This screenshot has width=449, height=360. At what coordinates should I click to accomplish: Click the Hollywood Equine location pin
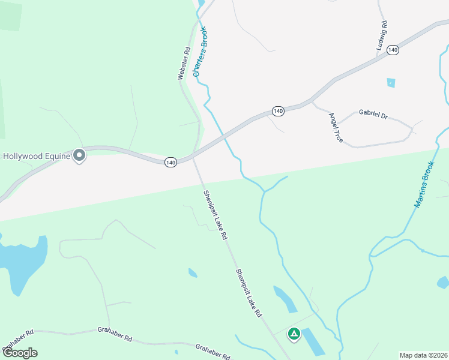click(x=79, y=156)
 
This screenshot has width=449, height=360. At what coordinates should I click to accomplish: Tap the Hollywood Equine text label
click(x=36, y=156)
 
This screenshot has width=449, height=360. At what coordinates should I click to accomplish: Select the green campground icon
click(x=294, y=334)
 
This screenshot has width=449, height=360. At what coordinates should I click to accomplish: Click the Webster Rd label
click(x=184, y=64)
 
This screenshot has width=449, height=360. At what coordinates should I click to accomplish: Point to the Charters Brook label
click(x=200, y=52)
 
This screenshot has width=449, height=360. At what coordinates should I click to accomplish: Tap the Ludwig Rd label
click(x=382, y=36)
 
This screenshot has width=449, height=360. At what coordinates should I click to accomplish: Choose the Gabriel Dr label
click(x=373, y=113)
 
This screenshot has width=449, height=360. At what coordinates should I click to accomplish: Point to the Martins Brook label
click(x=424, y=184)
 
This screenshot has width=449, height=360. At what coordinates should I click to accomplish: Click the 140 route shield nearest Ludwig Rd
click(x=393, y=50)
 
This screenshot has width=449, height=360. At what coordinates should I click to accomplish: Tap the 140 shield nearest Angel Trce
click(x=277, y=111)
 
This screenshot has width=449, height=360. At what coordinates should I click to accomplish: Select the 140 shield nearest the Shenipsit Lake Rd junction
click(x=171, y=163)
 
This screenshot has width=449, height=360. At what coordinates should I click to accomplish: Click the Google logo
click(x=20, y=352)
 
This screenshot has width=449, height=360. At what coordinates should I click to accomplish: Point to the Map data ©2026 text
click(x=423, y=355)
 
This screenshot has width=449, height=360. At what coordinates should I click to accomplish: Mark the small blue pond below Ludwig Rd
click(x=391, y=83)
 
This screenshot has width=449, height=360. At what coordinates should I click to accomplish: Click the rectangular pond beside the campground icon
click(x=312, y=342)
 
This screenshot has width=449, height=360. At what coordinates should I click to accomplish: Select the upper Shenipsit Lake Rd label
click(x=215, y=215)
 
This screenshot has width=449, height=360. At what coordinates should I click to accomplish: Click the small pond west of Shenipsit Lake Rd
click(x=193, y=273)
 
